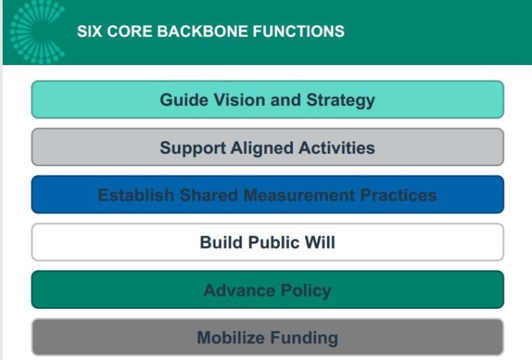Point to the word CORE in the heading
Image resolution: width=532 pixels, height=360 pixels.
[x=125, y=32]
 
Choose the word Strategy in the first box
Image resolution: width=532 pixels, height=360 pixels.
[x=340, y=100]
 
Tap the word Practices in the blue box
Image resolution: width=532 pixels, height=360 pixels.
[x=398, y=195]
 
